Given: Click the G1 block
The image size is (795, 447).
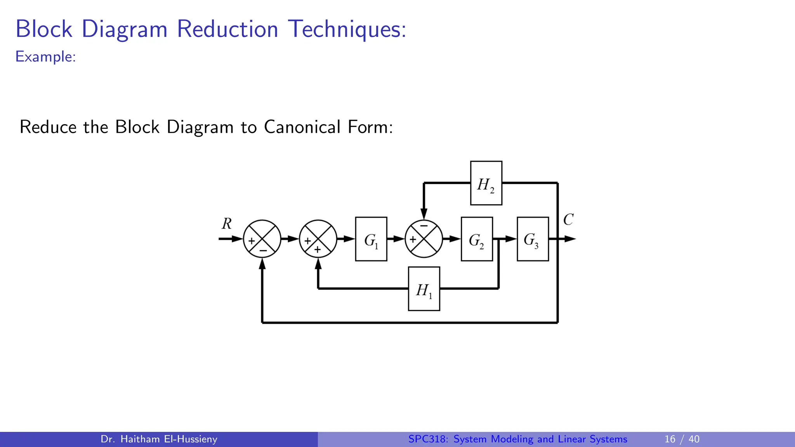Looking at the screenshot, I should (x=371, y=239).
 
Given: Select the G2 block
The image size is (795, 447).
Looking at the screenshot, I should (x=477, y=239).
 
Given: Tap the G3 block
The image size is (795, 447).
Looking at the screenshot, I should (x=533, y=239).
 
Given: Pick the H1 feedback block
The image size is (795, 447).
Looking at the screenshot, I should (x=424, y=289).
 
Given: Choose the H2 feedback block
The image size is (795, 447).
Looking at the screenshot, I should (x=486, y=183).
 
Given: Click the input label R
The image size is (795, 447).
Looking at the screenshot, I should (x=227, y=224).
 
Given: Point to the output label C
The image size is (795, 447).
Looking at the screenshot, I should (x=568, y=220).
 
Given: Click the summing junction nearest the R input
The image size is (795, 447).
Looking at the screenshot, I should (x=262, y=239).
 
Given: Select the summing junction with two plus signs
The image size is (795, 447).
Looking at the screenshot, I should (x=318, y=239).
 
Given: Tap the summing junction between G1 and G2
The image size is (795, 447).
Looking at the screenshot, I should (x=424, y=239).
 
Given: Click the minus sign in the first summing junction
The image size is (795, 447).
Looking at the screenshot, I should (x=263, y=251).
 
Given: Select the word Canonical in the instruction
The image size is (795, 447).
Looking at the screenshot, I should (x=302, y=127).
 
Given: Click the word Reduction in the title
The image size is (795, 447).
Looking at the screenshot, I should (x=227, y=29).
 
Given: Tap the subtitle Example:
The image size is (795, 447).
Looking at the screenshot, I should (x=45, y=57).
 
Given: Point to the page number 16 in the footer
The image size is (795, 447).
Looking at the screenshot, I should (x=670, y=439).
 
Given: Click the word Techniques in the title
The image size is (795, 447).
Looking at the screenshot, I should (x=347, y=29).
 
